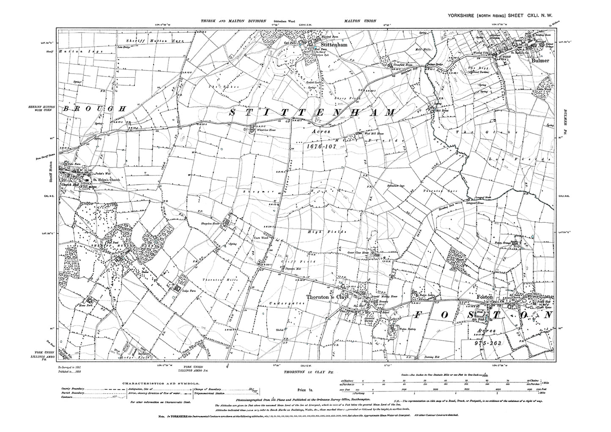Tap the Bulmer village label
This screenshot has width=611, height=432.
539,60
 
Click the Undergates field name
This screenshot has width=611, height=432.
289,303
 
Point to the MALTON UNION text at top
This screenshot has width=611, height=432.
360,20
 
